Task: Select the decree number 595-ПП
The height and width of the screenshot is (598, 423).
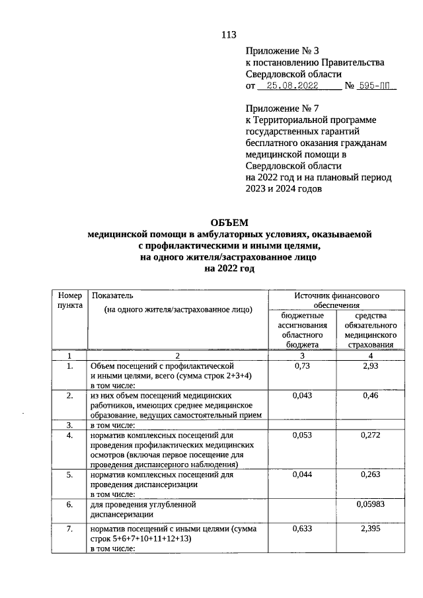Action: [x=375, y=86]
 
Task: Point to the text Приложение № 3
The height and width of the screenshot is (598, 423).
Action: [x=282, y=50]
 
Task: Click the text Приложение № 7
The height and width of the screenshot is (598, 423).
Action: [x=282, y=107]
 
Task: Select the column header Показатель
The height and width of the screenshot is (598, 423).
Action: [x=112, y=296]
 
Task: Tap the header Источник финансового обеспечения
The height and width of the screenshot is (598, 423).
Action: [x=336, y=301]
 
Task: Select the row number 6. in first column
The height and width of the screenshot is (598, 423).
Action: [x=69, y=504]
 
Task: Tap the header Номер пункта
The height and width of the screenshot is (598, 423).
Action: [x=69, y=301]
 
